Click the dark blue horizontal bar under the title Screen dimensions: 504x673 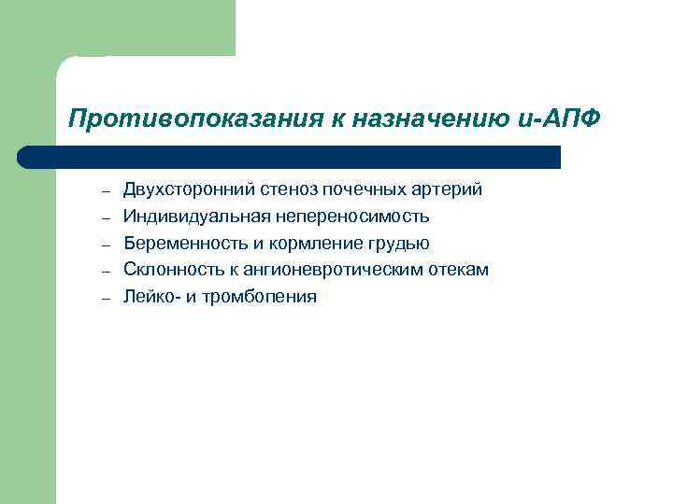(x=290, y=157)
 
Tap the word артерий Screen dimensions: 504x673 (x=447, y=189)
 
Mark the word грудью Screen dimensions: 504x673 (x=401, y=244)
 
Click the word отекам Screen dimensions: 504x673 (x=457, y=271)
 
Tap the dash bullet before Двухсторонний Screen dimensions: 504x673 (x=107, y=191)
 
